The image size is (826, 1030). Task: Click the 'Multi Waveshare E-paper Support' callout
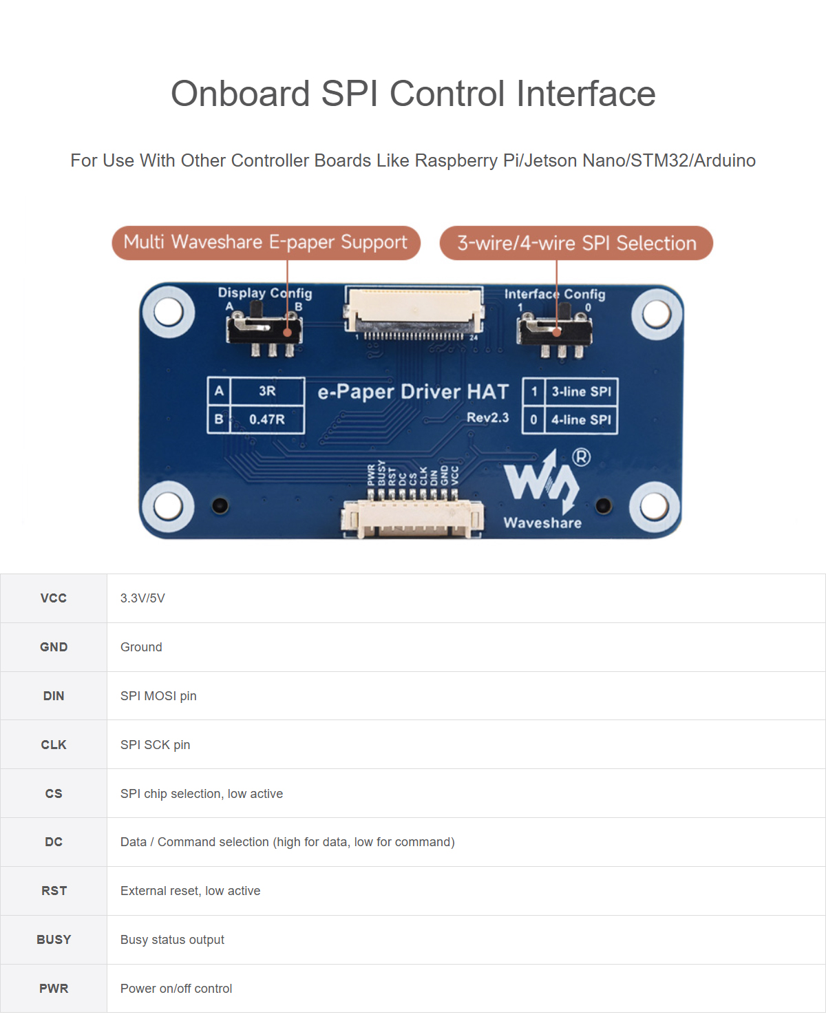(266, 242)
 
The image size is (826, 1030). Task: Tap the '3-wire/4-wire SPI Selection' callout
(576, 243)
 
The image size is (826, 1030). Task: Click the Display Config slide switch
(264, 331)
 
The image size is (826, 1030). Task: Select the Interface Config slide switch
(555, 333)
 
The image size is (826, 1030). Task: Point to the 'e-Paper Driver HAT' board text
(413, 392)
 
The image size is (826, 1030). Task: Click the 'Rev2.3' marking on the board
(487, 418)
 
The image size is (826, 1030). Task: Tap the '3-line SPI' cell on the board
(582, 392)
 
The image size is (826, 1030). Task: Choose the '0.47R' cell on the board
(267, 420)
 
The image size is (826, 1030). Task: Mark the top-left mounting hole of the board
(168, 312)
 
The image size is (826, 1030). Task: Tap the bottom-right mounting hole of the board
(655, 506)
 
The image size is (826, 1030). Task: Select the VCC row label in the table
(54, 598)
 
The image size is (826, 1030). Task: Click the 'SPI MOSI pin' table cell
(158, 696)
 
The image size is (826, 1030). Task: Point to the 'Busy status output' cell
(172, 940)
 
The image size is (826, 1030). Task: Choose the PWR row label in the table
(54, 989)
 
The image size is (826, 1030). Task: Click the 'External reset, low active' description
(191, 891)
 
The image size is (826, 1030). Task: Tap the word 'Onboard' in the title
(241, 94)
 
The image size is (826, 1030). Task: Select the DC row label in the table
(54, 842)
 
